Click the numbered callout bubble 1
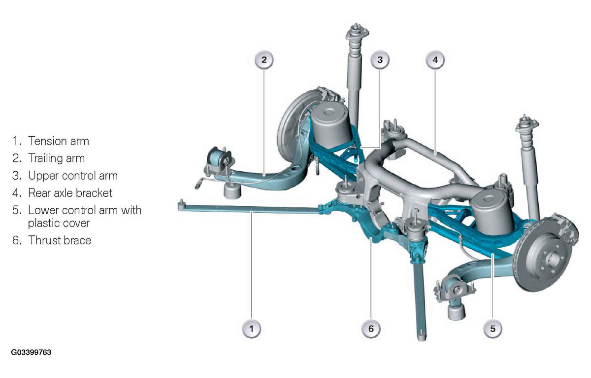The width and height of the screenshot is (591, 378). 252,329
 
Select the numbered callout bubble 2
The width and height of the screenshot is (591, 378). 264,60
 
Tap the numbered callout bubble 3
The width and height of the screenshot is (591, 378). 380,60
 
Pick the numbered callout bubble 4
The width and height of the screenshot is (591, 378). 435,60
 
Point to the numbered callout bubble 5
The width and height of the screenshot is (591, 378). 492,329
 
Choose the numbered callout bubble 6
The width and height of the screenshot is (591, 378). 371,329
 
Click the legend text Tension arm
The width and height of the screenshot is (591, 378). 59,141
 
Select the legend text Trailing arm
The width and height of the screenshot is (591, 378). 57,158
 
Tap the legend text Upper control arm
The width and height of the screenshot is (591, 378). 73,176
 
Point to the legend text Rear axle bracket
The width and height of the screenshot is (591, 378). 70,193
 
